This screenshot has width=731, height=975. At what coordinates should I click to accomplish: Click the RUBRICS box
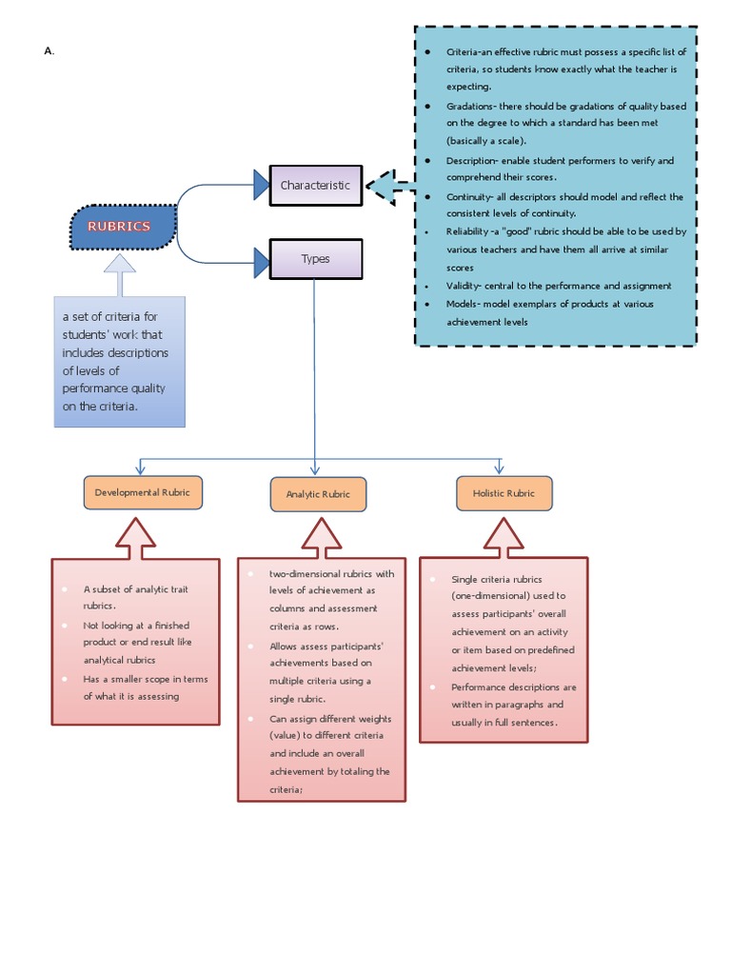point(123,227)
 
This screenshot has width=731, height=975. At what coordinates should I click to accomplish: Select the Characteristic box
point(315,186)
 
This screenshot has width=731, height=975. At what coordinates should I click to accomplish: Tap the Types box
point(315,259)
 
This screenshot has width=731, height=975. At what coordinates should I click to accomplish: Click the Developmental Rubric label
point(143,492)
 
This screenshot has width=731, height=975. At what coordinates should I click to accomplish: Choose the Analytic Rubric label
point(318,494)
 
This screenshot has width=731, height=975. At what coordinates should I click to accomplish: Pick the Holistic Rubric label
point(504,493)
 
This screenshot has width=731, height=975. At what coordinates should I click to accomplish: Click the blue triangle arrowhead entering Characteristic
point(261,185)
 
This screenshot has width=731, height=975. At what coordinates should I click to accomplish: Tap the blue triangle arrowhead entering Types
point(261,258)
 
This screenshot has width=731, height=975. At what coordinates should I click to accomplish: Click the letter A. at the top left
point(49,51)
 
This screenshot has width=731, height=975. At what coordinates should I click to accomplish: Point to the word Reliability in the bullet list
point(466,231)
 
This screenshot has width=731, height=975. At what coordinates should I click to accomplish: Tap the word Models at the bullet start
point(463,304)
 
